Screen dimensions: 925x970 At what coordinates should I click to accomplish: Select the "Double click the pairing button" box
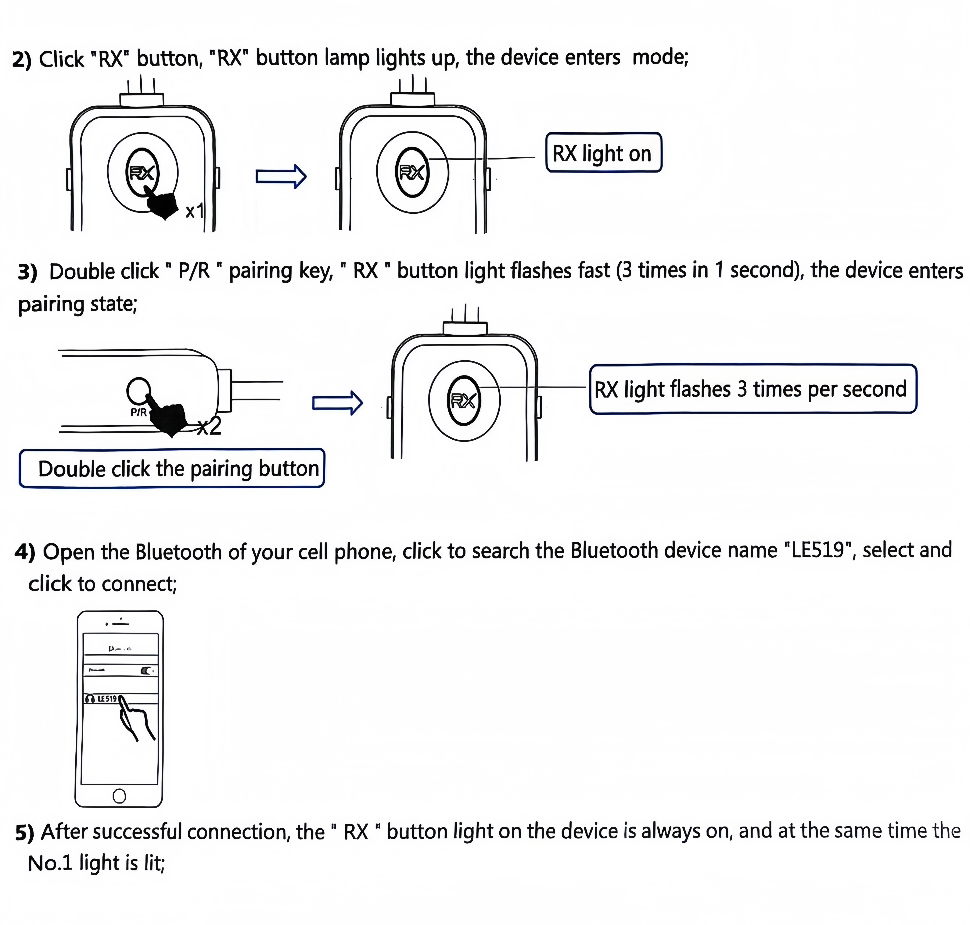tap(172, 468)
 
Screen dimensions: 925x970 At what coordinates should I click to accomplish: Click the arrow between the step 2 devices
tap(281, 176)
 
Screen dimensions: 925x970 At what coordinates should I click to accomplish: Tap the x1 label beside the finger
tap(194, 211)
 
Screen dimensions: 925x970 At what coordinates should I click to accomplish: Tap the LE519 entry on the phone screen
tap(106, 699)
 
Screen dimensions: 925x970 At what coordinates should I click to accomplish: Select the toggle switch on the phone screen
tap(147, 671)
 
